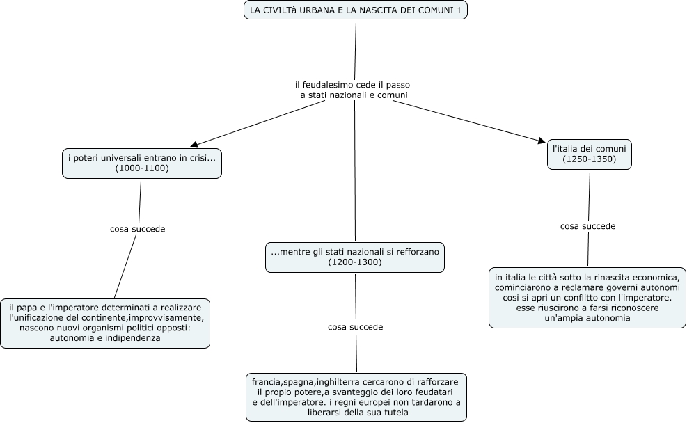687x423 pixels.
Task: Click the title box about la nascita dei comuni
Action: tap(355, 10)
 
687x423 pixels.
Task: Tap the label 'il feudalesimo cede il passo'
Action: tap(353, 84)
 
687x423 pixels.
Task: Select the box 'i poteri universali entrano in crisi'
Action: tap(142, 163)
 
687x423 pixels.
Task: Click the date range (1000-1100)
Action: tap(142, 168)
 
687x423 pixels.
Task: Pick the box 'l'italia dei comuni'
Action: tap(590, 154)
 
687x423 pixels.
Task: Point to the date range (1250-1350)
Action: tap(590, 159)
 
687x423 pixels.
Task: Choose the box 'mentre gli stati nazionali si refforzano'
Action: tap(355, 257)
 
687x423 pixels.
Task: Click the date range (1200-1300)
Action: tap(355, 262)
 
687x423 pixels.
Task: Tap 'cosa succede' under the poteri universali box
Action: tap(138, 229)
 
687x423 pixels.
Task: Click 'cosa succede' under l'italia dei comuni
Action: tap(588, 226)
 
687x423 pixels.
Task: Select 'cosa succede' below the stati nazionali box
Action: tap(355, 327)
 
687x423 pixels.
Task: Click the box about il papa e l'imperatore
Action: tap(105, 324)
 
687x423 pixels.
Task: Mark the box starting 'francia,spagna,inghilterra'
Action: tap(356, 397)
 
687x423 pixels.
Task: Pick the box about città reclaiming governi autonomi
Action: tap(587, 298)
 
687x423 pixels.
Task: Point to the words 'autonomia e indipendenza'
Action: tap(105, 339)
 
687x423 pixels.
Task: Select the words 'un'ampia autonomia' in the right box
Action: tap(587, 319)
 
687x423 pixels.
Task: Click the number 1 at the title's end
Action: tap(459, 10)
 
